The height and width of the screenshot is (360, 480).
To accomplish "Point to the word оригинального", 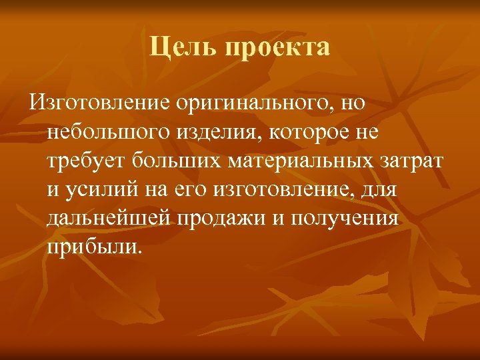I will coord(253,104).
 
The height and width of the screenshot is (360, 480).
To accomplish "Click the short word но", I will coord(354,104).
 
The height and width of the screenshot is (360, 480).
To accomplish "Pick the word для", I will coord(379,190).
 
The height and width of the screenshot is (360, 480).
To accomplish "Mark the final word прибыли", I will coord(94,247).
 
